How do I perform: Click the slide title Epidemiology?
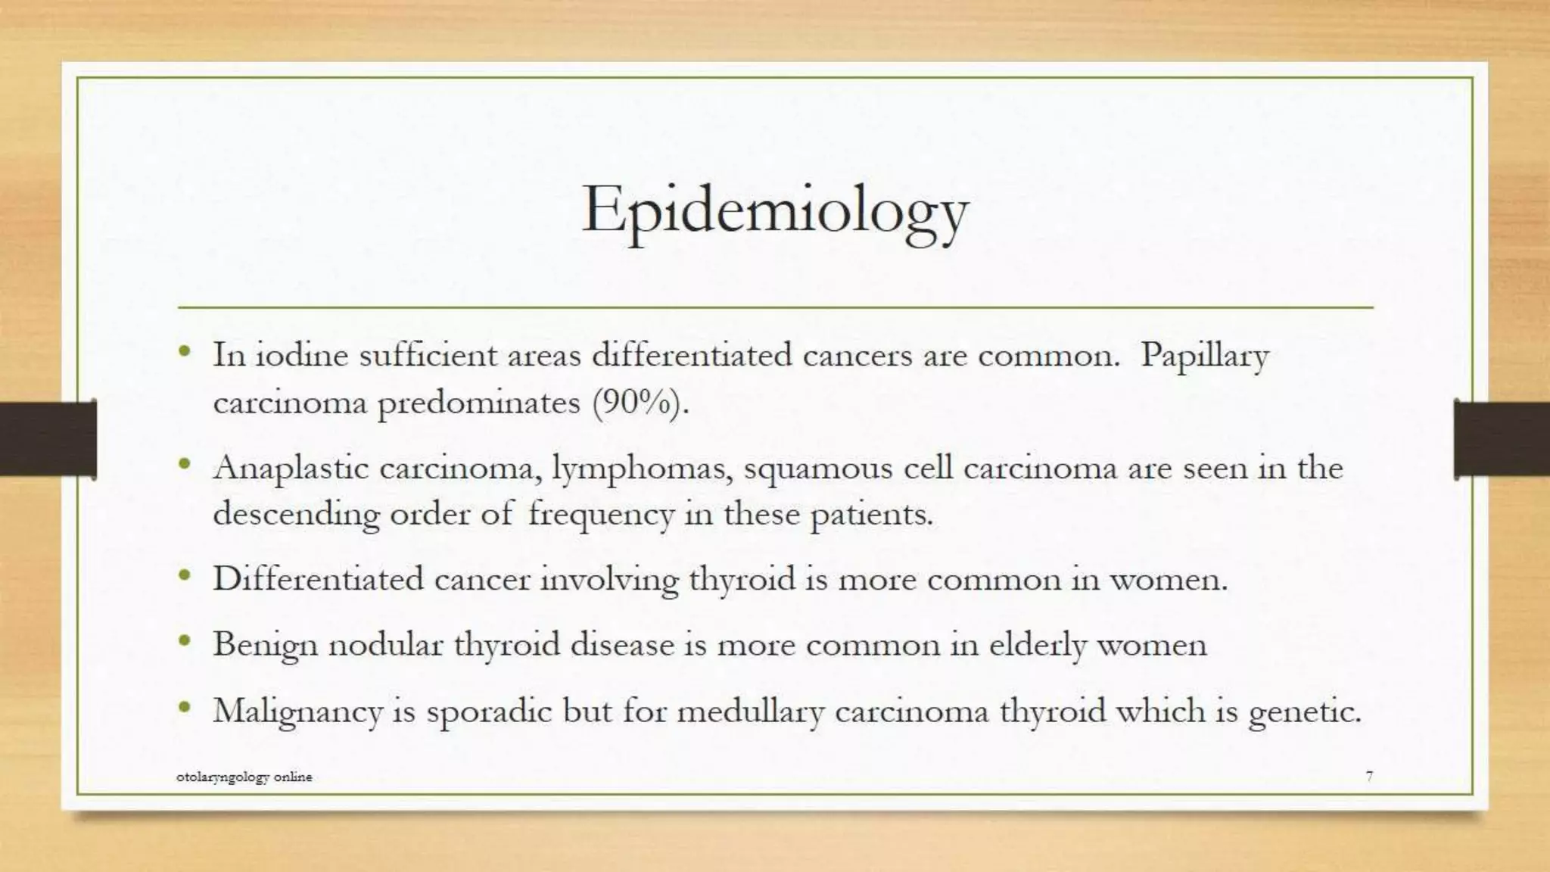coord(774,211)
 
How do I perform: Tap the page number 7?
coord(1369,776)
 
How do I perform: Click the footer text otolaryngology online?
coord(244,777)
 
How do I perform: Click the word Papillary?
coord(1204,356)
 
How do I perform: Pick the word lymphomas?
coord(642,469)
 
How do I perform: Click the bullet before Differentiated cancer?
coord(184,576)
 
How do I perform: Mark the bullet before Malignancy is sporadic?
coord(184,708)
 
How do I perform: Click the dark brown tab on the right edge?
coord(1502,439)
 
